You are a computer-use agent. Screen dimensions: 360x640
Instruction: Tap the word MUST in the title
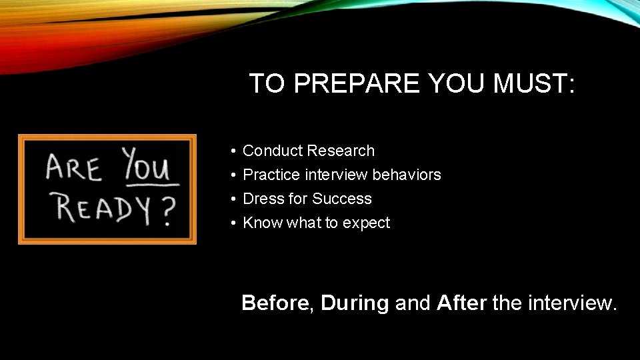[x=529, y=84]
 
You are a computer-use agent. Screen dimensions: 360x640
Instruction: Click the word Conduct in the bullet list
[x=272, y=151]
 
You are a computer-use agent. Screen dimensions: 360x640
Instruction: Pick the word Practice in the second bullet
[x=272, y=175]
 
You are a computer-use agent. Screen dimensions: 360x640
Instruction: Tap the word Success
[x=342, y=199]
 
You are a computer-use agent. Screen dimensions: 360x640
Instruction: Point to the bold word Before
[x=275, y=303]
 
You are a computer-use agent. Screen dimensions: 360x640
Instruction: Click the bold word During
[x=355, y=303]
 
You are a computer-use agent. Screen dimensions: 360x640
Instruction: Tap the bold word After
[x=461, y=303]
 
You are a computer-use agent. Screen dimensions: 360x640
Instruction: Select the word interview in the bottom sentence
[x=572, y=303]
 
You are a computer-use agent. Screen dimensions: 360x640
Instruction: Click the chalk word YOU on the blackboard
[x=148, y=166]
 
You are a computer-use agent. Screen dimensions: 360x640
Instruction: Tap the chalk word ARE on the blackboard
[x=74, y=168]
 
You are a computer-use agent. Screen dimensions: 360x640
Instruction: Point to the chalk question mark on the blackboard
[x=167, y=211]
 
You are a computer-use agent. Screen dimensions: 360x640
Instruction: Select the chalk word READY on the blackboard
[x=103, y=209]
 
